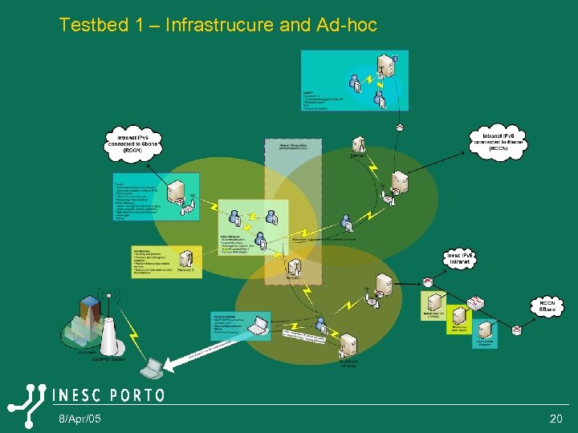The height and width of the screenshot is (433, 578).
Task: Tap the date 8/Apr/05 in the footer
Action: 79,419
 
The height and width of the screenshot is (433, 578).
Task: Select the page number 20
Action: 556,419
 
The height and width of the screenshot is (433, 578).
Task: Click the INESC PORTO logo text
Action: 108,395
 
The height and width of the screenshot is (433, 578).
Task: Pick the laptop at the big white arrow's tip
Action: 151,367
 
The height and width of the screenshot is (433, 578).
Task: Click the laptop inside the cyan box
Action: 258,325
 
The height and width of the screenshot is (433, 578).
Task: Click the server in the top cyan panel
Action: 389,65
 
